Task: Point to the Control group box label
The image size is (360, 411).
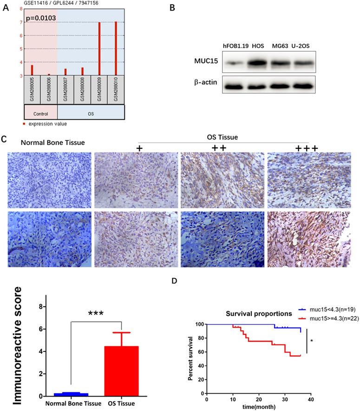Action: (x=40, y=113)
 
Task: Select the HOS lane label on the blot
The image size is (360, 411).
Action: (x=258, y=45)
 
